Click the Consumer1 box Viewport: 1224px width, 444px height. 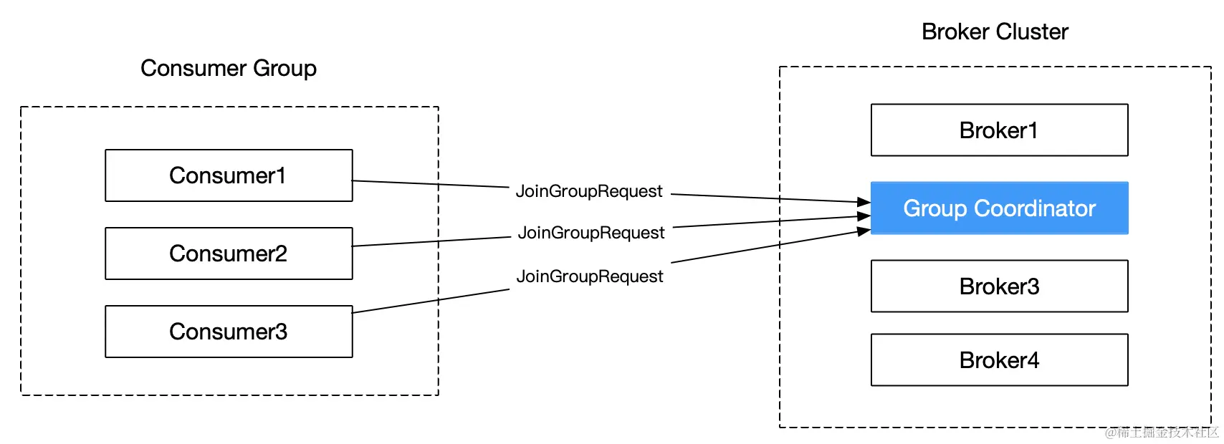[x=229, y=175]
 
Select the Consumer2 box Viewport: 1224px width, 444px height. [x=229, y=254]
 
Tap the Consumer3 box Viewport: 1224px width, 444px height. [x=229, y=332]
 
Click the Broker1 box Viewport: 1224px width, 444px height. [x=999, y=130]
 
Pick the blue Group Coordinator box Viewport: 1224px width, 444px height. [x=999, y=208]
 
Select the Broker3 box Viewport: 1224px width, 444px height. [x=999, y=286]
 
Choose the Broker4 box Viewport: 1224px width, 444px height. [x=999, y=360]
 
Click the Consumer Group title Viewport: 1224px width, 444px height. [x=229, y=68]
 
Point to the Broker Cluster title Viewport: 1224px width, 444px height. [x=995, y=32]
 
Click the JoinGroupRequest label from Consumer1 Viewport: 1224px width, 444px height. [x=589, y=191]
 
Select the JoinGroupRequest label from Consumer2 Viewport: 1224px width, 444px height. [x=591, y=233]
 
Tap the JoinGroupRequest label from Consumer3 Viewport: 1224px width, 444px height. [x=590, y=276]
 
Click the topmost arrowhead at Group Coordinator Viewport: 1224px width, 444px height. [x=864, y=203]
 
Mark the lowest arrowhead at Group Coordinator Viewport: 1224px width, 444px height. [x=864, y=231]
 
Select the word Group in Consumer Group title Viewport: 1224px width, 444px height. [x=285, y=68]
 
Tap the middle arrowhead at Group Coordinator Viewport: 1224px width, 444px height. [x=864, y=216]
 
